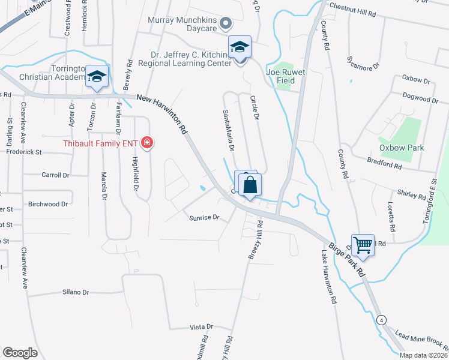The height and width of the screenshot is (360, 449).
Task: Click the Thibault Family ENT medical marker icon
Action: coord(146,143)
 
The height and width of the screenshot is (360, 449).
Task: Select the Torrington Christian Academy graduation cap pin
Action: coord(96,76)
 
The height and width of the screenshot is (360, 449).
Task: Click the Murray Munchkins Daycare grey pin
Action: coord(226,23)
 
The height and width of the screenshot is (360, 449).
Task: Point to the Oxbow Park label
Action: coord(402,148)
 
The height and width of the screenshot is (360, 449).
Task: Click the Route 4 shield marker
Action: coord(382,319)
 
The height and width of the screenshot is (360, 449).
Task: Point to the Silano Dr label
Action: coord(76,292)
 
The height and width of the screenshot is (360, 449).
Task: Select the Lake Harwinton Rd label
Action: coord(328,277)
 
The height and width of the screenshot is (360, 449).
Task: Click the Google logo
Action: coord(20,353)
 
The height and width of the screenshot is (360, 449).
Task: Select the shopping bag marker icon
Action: coord(250,185)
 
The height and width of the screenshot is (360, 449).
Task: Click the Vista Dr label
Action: coord(201,327)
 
